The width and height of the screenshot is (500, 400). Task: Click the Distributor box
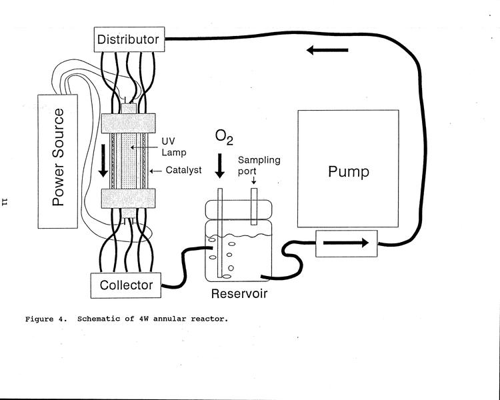coord(129,39)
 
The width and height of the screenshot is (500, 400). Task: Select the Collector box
coord(126,285)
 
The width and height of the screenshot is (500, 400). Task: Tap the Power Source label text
coord(58,157)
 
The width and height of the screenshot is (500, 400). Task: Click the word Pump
coord(349,171)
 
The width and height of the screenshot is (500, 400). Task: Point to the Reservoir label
coord(239,293)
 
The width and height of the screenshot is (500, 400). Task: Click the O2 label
coord(224,137)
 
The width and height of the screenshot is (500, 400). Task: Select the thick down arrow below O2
coord(220,166)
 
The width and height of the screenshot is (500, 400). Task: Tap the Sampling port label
coord(259,165)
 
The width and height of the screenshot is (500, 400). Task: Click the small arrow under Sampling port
coord(254,180)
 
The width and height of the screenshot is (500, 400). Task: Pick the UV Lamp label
coord(174,147)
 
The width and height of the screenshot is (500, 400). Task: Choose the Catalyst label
coord(183,170)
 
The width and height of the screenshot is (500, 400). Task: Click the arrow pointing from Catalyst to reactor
coord(155,171)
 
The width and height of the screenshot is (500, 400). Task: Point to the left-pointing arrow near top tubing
coord(327,50)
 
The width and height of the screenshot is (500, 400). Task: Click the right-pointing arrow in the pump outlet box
coord(346,243)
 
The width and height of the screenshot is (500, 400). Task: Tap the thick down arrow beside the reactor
coord(103,161)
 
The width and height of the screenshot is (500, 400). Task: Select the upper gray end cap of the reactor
coord(128,123)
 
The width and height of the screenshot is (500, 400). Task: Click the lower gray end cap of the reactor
coord(128,198)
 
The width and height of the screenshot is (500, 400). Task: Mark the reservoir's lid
coord(239,210)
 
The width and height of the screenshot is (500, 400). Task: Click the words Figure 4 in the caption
coord(45,319)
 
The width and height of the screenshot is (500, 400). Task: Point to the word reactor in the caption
coord(209,319)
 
